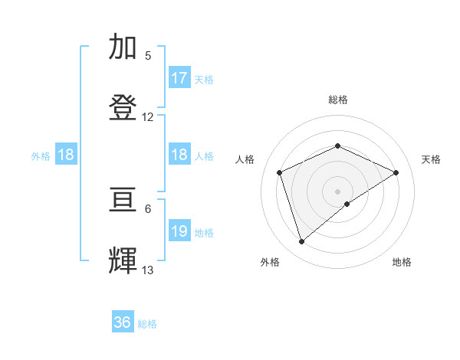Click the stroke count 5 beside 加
[148, 56]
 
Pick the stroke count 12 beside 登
[148, 117]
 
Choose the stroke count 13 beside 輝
[148, 270]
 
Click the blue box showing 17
[179, 78]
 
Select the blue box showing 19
[179, 231]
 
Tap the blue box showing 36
[123, 323]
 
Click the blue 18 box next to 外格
[66, 155]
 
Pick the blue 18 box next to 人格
[179, 155]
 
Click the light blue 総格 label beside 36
[147, 324]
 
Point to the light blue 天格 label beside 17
[204, 79]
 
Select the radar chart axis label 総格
[337, 100]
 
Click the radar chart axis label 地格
[402, 262]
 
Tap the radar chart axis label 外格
[270, 262]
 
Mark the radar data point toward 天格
[396, 172]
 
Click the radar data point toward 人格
[280, 172]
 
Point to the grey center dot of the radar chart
[337, 191]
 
